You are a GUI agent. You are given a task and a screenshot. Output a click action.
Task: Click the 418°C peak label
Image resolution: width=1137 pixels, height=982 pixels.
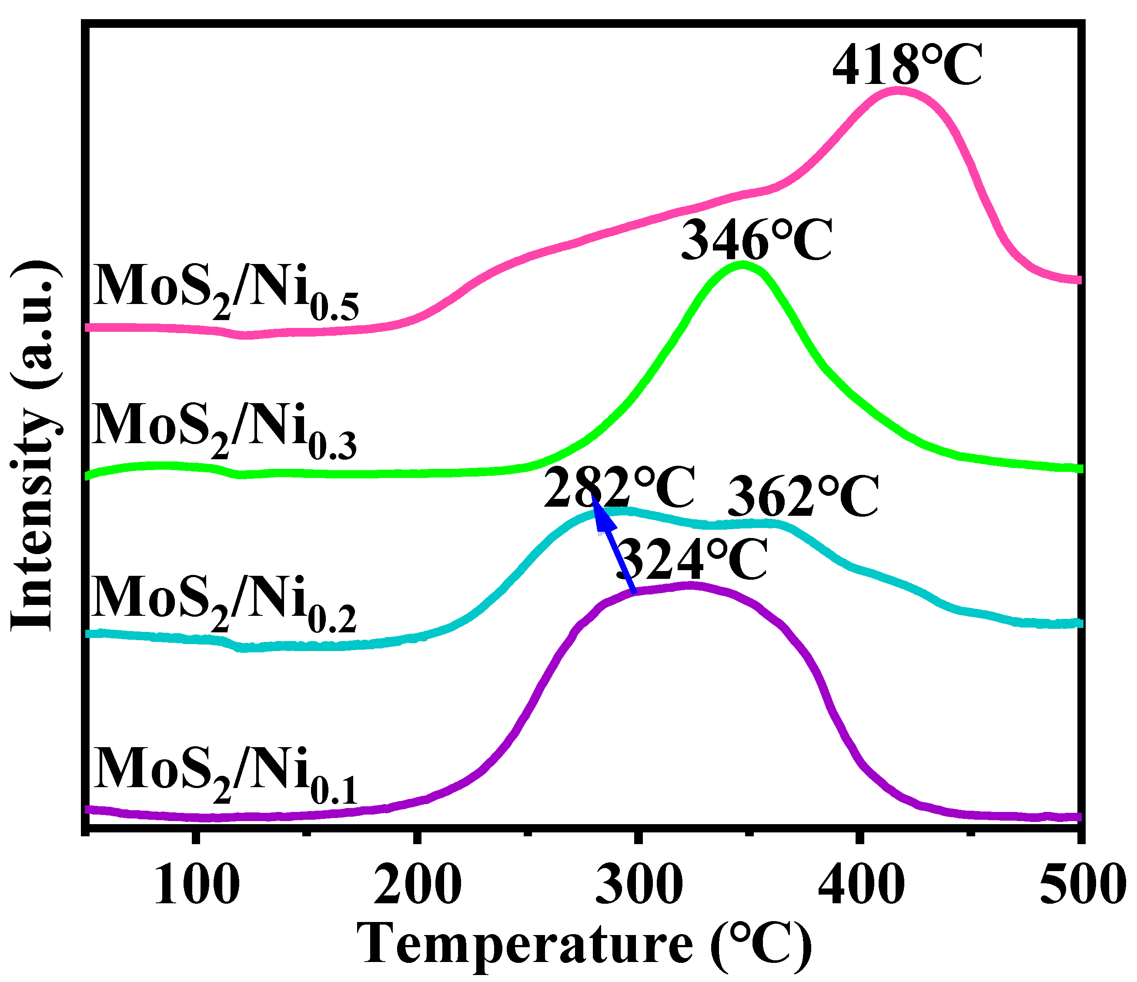coord(906,67)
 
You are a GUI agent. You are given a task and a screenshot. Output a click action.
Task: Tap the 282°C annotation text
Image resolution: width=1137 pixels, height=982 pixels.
coord(619,488)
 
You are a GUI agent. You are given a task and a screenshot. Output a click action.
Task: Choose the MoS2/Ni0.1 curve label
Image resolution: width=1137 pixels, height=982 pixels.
coord(225,776)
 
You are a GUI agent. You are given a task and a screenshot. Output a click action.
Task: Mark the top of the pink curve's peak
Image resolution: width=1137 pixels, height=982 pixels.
coord(898,90)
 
